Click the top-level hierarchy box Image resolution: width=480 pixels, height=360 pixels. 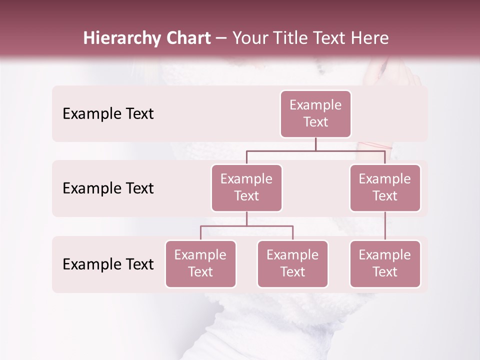[315, 114]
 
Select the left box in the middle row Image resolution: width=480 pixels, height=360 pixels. [246, 188]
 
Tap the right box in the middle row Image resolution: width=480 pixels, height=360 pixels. [385, 188]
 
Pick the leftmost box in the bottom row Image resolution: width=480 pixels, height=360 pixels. [200, 264]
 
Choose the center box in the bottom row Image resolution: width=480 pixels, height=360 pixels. [292, 264]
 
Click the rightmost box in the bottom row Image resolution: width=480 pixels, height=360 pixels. [385, 264]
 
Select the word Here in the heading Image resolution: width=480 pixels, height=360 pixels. [369, 38]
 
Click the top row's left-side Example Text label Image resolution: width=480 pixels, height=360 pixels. [108, 114]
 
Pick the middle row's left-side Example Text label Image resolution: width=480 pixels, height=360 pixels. [108, 188]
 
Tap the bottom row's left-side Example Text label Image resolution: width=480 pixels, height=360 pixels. [108, 264]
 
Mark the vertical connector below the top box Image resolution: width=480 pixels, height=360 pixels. [315, 144]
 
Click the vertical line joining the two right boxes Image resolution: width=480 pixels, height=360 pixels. [385, 226]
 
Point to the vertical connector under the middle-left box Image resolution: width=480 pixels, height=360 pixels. [246, 219]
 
